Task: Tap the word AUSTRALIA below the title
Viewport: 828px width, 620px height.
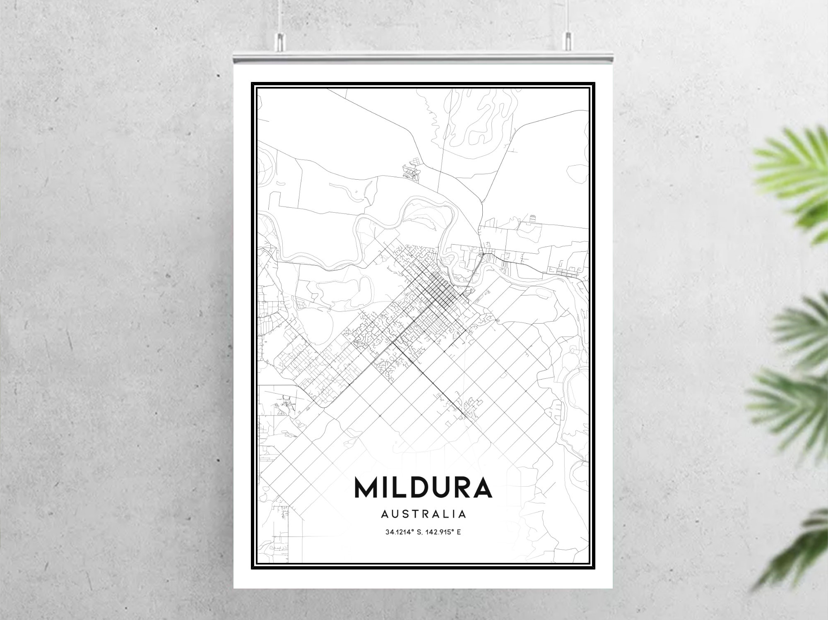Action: (424, 514)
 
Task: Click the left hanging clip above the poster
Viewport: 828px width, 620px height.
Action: (280, 39)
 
